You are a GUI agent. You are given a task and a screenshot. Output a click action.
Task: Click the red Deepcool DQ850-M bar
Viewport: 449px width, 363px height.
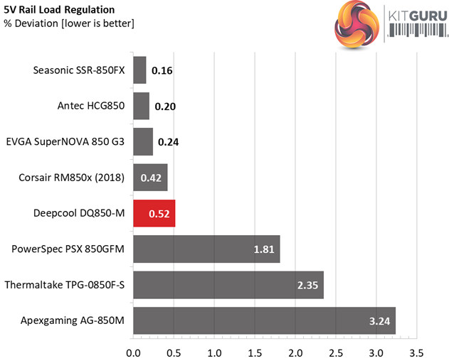(154, 213)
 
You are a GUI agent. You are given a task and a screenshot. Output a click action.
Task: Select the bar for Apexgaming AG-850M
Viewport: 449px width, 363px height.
(264, 320)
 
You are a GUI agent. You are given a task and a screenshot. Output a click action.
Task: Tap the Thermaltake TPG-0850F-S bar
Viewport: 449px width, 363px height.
(228, 285)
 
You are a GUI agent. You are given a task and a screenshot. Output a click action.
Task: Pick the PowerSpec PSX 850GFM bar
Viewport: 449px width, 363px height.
(206, 249)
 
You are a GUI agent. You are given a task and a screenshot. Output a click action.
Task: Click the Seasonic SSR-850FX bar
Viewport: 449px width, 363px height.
(139, 70)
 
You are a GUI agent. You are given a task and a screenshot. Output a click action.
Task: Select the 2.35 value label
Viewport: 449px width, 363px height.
(309, 286)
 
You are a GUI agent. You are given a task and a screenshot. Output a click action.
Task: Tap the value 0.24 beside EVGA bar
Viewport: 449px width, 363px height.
(169, 142)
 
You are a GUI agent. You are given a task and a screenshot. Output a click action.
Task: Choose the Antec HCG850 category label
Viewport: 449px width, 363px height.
(91, 106)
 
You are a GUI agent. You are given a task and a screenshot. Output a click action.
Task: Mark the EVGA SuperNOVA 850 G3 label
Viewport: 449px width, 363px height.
(65, 141)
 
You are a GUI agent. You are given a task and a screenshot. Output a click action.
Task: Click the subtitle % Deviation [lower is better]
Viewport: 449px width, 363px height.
(69, 23)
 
